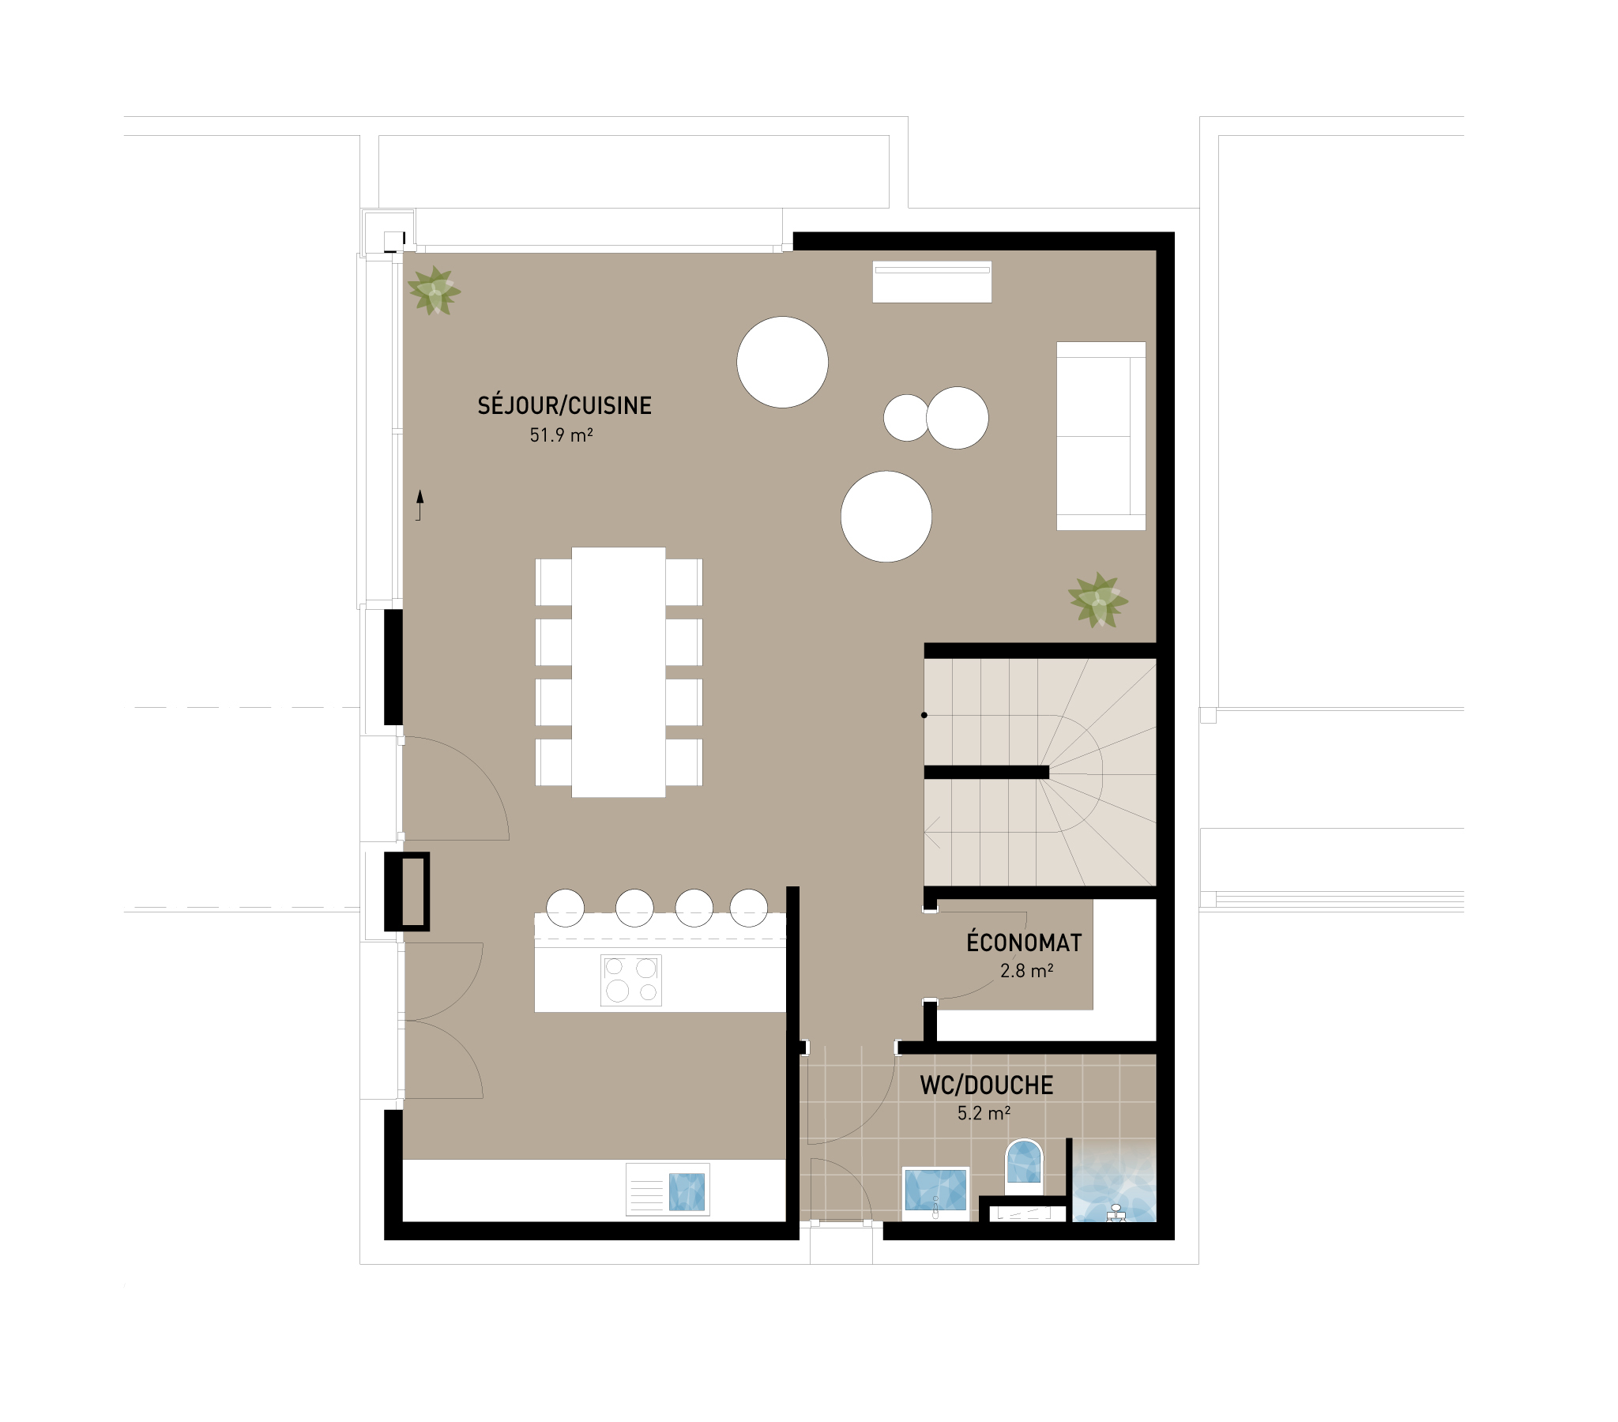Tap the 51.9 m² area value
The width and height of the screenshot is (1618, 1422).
(561, 434)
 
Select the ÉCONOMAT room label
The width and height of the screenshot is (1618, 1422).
(1024, 942)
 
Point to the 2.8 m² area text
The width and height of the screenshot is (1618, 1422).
(1027, 971)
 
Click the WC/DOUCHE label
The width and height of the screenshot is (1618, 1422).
(986, 1085)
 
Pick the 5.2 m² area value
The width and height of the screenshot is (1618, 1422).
(984, 1113)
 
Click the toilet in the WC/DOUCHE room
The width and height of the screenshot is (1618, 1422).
(1024, 1162)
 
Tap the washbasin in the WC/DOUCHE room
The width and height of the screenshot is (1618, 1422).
(935, 1189)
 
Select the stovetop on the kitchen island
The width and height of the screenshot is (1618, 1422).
(631, 980)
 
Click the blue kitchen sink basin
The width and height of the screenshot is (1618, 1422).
(687, 1191)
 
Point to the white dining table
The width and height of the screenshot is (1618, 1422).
(619, 671)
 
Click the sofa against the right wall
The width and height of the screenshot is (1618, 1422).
(1101, 435)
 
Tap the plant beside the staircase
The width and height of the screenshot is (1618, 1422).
(1098, 600)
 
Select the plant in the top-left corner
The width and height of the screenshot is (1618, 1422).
(434, 291)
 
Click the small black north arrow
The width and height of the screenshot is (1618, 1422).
(420, 505)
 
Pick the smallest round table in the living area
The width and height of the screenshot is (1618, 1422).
(906, 417)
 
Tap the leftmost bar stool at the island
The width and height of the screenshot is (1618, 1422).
(565, 908)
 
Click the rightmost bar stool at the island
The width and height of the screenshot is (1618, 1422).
(748, 908)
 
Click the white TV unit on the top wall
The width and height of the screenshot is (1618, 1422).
(931, 281)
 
